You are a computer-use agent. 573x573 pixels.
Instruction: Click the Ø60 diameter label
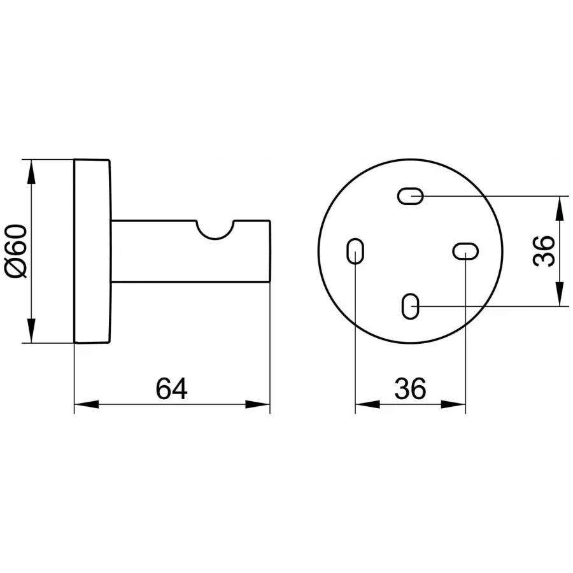[16, 251]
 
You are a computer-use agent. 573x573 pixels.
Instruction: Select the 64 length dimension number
[171, 389]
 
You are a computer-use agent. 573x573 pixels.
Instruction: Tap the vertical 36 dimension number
[544, 251]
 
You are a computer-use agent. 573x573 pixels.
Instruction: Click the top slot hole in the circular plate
[411, 196]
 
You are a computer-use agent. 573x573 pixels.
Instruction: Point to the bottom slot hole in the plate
[411, 306]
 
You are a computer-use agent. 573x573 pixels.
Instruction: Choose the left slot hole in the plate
[355, 251]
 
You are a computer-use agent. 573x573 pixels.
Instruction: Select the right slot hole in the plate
[465, 251]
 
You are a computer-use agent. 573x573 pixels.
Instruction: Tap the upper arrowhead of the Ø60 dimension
[32, 172]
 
